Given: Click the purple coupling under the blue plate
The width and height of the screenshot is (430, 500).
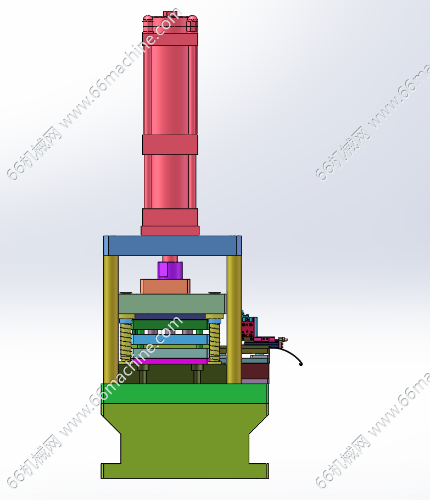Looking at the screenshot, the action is (170, 270).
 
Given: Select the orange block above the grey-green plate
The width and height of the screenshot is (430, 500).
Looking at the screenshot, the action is (165, 286).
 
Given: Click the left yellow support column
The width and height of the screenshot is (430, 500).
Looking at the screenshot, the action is (111, 319).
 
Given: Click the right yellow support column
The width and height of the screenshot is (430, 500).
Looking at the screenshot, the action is (234, 319).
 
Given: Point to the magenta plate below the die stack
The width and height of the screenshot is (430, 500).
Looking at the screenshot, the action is (171, 361).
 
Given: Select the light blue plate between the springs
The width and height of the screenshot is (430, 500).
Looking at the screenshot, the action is (171, 340).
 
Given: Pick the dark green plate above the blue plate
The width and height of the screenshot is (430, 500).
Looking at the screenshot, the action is (170, 325).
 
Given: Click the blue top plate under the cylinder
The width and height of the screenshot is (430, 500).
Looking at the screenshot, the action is (173, 246).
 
